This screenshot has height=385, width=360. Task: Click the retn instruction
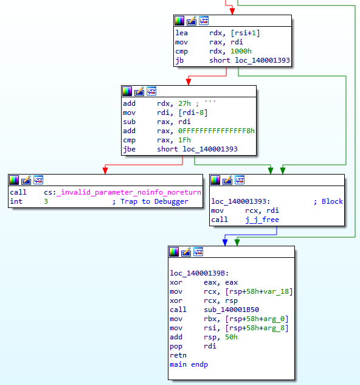point(179,355)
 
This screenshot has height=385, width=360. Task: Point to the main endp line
point(189,364)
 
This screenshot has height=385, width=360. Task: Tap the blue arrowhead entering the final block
point(224,242)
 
